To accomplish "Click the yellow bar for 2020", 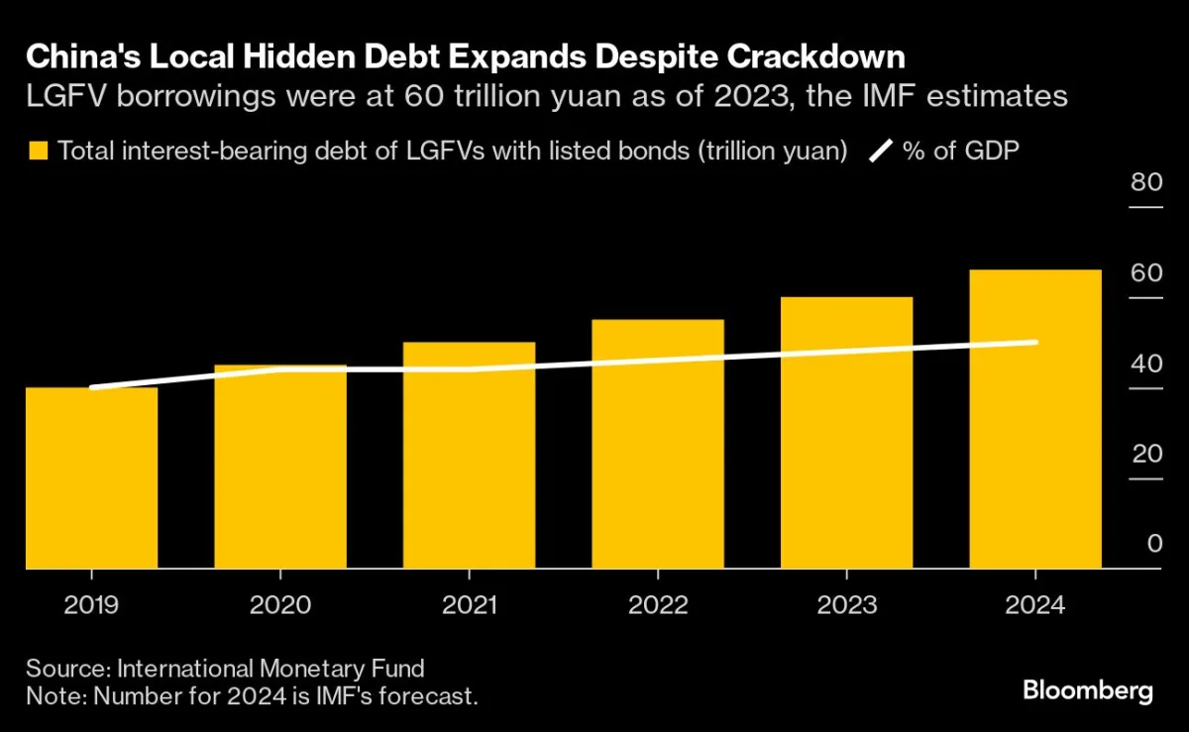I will click(280, 467).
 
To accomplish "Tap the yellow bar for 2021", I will click(469, 456).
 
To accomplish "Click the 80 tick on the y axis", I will click(1145, 182).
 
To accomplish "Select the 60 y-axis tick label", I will click(1145, 272).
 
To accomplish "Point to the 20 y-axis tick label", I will click(1145, 454).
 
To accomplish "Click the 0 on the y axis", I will click(1154, 544).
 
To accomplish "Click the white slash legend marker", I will click(880, 152).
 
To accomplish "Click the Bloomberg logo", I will click(1087, 690).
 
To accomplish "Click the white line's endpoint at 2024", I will click(1035, 343).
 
